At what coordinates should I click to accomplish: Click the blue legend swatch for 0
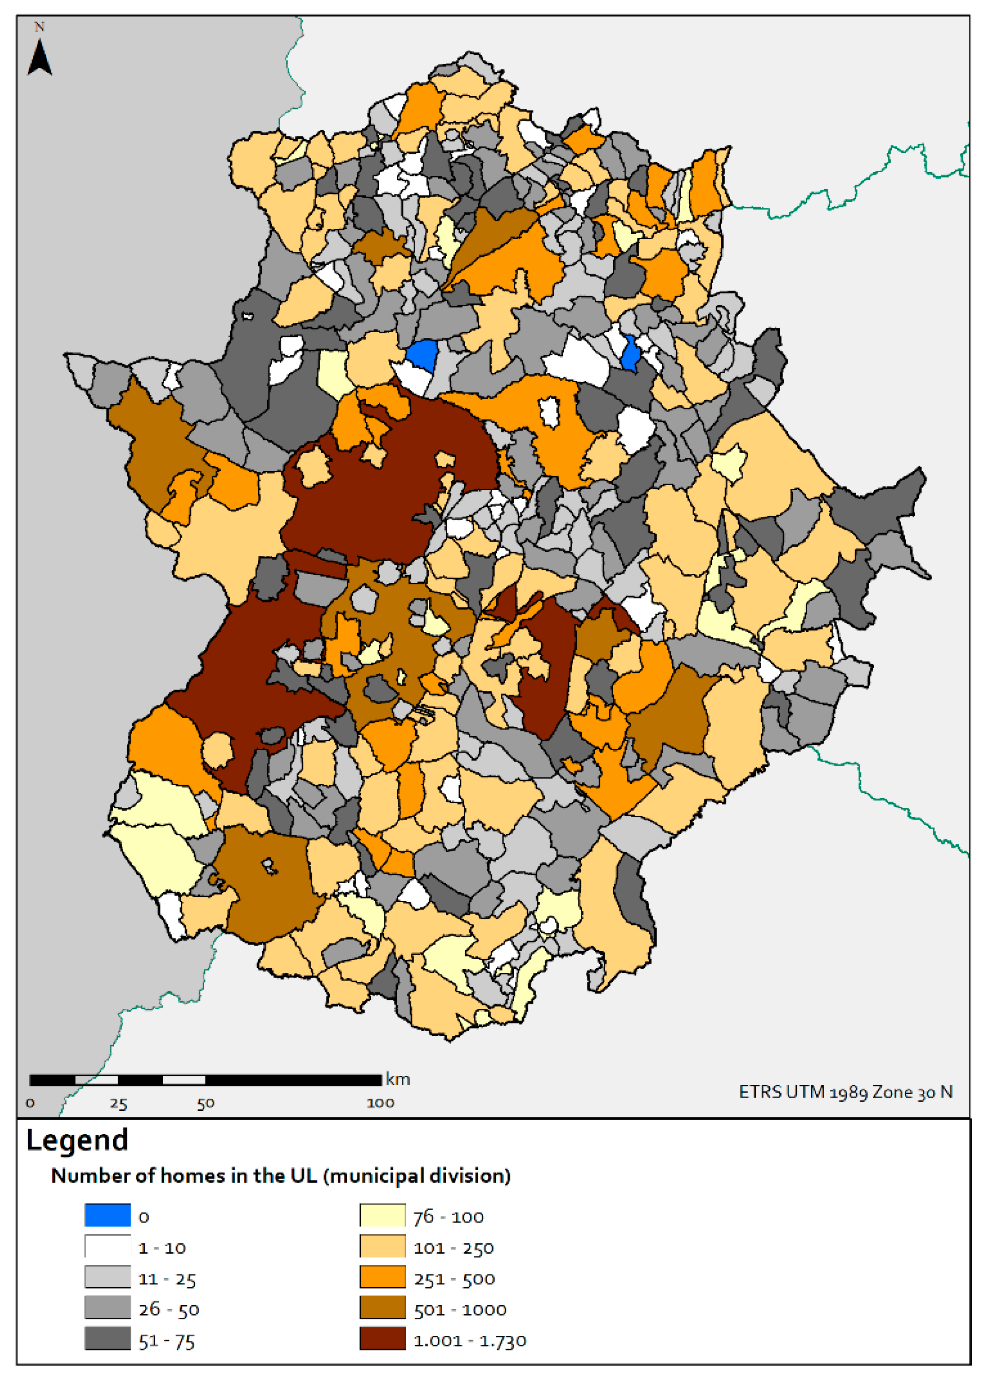tap(108, 1215)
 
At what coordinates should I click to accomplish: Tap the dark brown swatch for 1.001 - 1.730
tap(382, 1339)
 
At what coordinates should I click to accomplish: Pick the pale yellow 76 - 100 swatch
tap(382, 1215)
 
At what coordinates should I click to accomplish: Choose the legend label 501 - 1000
tap(460, 1309)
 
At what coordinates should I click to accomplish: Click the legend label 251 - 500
tap(454, 1279)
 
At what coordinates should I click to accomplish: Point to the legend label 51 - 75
tap(166, 1341)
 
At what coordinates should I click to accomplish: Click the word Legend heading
tap(77, 1140)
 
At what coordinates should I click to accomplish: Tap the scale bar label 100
tap(380, 1103)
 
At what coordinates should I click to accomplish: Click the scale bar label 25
tap(118, 1103)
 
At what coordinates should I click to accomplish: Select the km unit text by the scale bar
tap(398, 1079)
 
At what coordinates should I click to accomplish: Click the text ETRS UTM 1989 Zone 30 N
tap(845, 1092)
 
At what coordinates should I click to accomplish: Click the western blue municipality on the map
tap(423, 354)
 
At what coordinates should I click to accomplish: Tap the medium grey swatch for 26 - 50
tap(108, 1308)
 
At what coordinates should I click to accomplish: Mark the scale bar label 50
tap(206, 1103)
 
